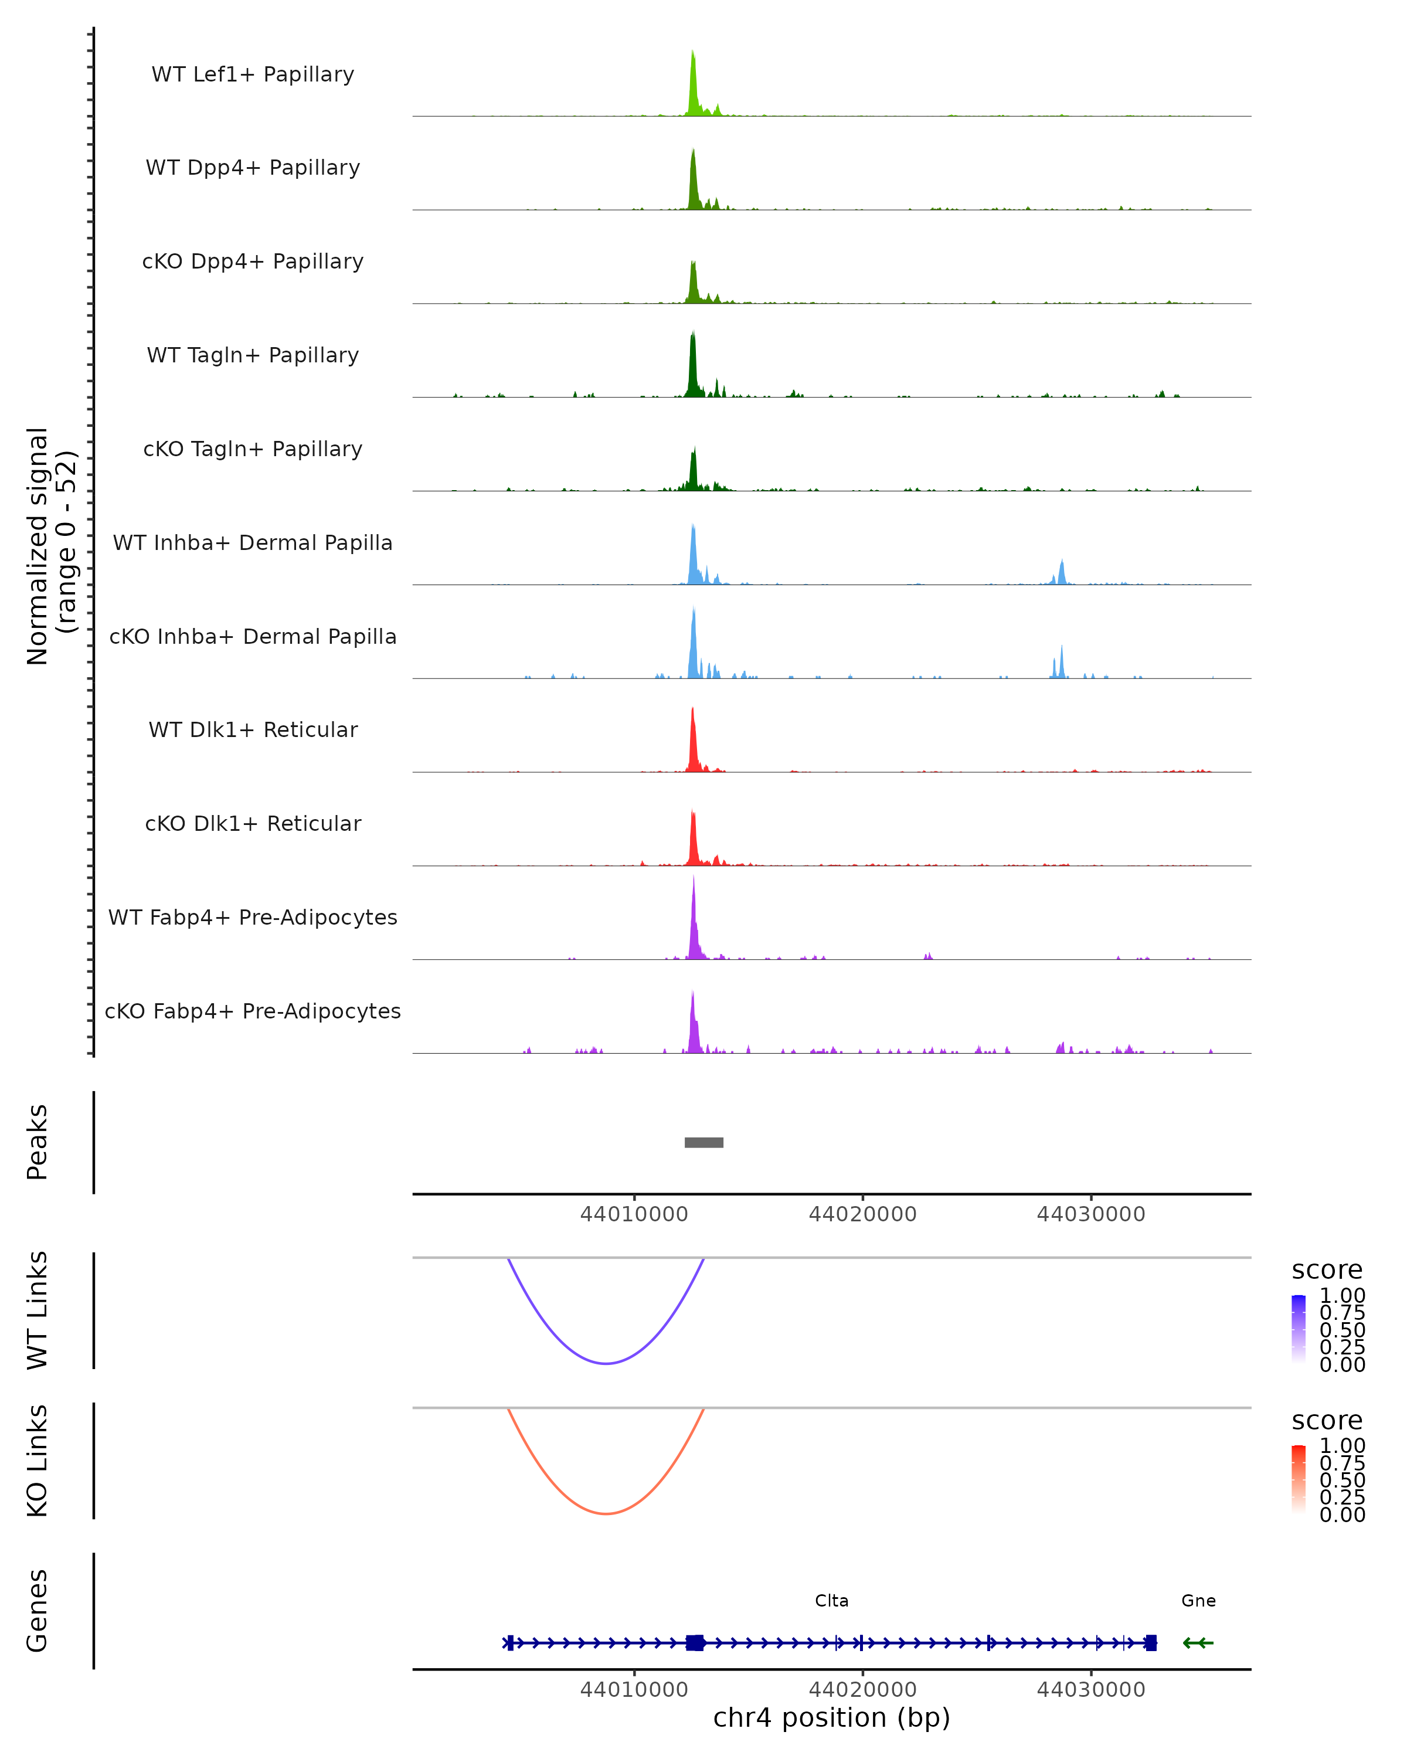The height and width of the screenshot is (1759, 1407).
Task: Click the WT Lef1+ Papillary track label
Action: (x=253, y=74)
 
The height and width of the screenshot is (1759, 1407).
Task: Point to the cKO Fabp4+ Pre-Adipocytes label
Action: (x=253, y=1011)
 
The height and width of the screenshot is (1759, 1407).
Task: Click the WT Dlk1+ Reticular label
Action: (x=253, y=729)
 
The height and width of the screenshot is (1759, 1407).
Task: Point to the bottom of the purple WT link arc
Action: (x=606, y=1363)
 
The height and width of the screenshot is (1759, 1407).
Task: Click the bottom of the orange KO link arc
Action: (x=606, y=1513)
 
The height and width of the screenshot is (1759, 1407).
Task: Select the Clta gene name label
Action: (x=832, y=1601)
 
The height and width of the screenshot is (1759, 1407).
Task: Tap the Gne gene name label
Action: (x=1198, y=1601)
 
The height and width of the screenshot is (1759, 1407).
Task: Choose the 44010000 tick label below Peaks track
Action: (x=634, y=1214)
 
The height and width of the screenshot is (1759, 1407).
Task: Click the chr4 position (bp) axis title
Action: (x=832, y=1717)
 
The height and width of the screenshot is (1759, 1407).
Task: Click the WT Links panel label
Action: (x=38, y=1309)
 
